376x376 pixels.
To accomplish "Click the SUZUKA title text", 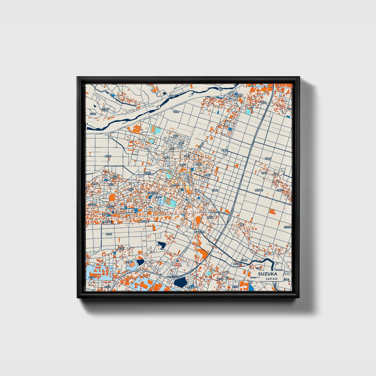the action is [x=267, y=274].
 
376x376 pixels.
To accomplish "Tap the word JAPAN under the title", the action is [x=271, y=279].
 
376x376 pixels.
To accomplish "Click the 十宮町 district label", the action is [x=176, y=112].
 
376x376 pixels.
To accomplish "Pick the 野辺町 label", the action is [x=108, y=156].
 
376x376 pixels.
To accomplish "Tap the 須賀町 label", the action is [x=224, y=150].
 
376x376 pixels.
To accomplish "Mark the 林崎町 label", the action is [x=268, y=158].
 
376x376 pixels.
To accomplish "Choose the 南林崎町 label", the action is [x=259, y=190].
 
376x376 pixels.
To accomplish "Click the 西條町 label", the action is [x=109, y=234].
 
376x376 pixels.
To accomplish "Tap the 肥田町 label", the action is [x=210, y=217].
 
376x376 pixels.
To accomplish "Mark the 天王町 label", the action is [x=235, y=287].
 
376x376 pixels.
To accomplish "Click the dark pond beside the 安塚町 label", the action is [x=141, y=262].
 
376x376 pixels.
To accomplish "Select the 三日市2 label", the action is [x=92, y=205].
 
